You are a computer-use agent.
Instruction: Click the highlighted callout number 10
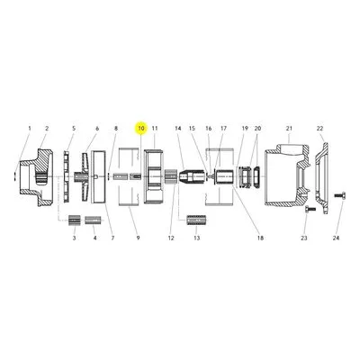pyautogui.click(x=141, y=129)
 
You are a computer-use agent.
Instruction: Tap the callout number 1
pyautogui.click(x=30, y=129)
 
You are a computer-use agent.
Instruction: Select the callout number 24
pyautogui.click(x=336, y=238)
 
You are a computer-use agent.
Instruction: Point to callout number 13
pyautogui.click(x=196, y=238)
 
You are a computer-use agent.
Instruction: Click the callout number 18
pyautogui.click(x=260, y=238)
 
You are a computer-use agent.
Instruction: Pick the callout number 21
pyautogui.click(x=289, y=129)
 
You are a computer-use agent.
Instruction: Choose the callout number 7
pyautogui.click(x=112, y=238)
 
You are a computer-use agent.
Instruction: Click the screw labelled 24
pyautogui.click(x=340, y=195)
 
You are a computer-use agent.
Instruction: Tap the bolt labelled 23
pyautogui.click(x=310, y=209)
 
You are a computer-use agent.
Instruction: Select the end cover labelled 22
pyautogui.click(x=322, y=178)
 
